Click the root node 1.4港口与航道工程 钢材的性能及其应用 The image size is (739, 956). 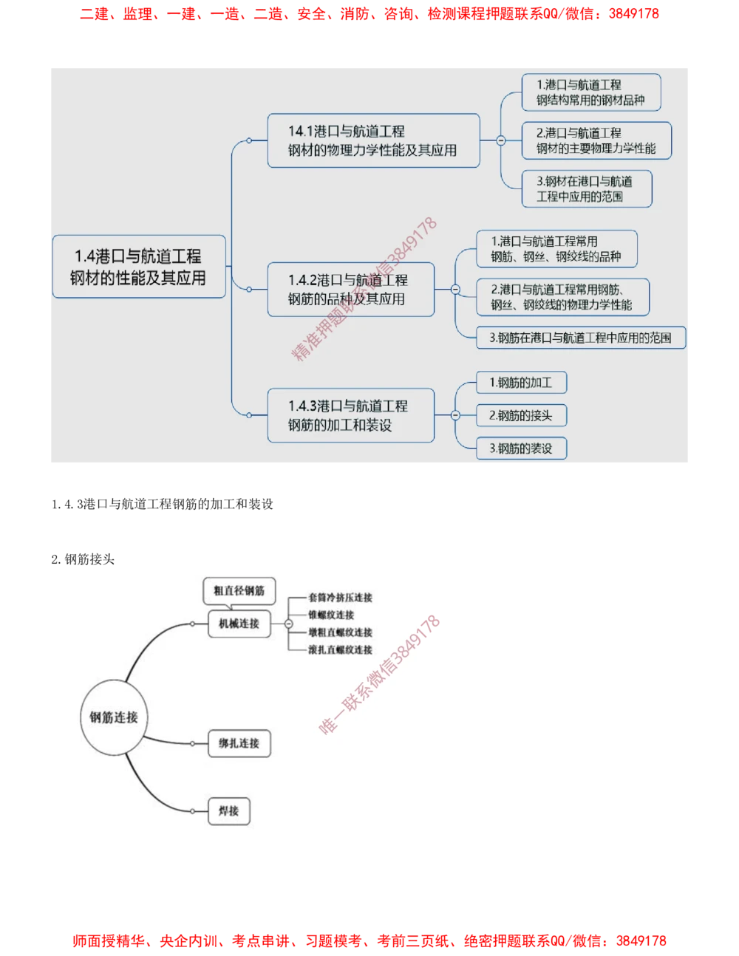click(138, 267)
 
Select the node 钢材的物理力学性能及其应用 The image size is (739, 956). click(373, 140)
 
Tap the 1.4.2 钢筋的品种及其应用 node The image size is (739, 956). click(350, 290)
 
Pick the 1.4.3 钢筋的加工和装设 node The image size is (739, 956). click(350, 415)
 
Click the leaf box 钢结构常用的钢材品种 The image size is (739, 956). click(590, 92)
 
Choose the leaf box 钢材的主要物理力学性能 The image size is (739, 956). click(596, 140)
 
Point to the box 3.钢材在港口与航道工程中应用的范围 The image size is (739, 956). click(586, 188)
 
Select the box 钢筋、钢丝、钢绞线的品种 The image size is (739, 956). click(556, 249)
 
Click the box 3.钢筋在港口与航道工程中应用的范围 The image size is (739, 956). click(580, 338)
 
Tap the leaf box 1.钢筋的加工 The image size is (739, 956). click(521, 383)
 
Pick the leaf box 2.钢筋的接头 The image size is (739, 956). click(521, 415)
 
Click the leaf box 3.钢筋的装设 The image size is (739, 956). click(521, 448)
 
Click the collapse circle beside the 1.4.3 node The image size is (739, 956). click(455, 415)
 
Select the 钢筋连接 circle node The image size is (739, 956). click(114, 717)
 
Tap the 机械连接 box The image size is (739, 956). click(239, 624)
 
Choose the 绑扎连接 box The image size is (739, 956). click(239, 743)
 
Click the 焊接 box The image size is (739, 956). click(229, 811)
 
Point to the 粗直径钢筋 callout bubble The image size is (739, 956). click(239, 590)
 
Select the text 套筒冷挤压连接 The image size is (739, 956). click(341, 597)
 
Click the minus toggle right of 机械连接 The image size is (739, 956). click(287, 624)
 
